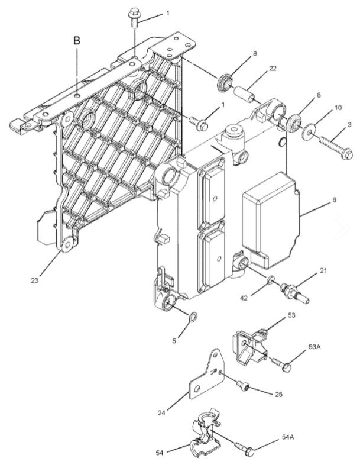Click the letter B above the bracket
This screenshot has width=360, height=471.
77,41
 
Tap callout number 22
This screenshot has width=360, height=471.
273,69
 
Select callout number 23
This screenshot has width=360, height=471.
34,280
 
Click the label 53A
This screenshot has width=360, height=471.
314,347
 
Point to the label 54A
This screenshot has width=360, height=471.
288,437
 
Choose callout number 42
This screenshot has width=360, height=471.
245,298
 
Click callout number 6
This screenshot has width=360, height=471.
334,200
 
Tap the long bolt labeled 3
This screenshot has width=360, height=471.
335,147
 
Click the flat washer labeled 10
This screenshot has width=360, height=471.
309,131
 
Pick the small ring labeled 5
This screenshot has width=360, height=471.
192,317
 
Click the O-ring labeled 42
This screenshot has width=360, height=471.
270,280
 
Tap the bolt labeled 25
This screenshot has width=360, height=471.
243,385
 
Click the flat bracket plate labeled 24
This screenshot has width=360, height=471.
207,376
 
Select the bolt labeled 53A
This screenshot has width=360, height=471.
282,364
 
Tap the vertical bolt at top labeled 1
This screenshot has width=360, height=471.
133,18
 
